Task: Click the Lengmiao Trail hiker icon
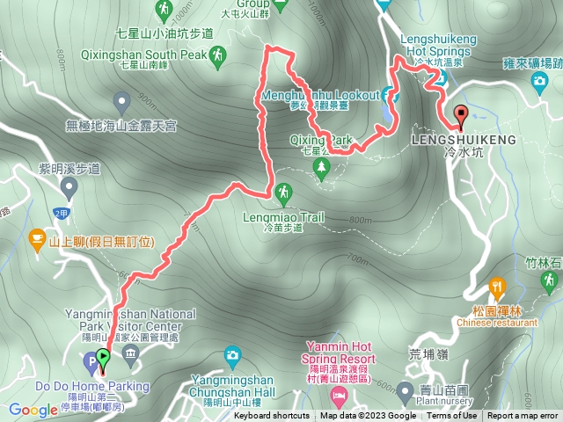pos(283,191)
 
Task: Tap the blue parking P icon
pos(89,361)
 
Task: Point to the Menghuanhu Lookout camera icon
pos(389,94)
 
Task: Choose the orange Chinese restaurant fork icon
pos(498,287)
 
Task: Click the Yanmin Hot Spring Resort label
pos(340,353)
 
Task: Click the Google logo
pos(33,410)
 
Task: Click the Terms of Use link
pos(452,416)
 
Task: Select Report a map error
pos(523,416)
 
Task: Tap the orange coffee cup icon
pos(37,237)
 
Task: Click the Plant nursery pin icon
pos(406,389)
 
